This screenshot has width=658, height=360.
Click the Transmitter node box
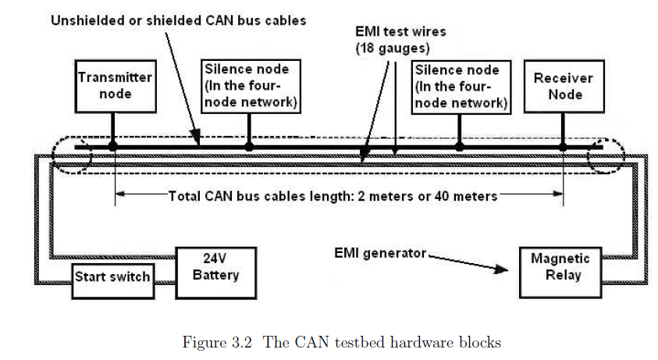pos(116,87)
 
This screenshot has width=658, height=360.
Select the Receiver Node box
pos(564,87)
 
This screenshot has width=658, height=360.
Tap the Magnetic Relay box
pos(560,273)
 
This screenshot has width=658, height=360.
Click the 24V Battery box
pos(215,273)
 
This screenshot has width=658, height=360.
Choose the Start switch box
pos(113,281)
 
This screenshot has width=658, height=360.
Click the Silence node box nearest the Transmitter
pos(251,87)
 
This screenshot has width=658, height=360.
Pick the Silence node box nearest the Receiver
pos(461,87)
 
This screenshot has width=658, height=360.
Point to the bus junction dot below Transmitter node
pos(112,147)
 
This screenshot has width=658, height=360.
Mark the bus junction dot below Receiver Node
pos(563,147)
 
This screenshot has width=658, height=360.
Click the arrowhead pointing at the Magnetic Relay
pos(501,269)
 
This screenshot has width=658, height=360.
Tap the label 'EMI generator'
pos(380,253)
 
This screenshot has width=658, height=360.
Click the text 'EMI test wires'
pos(400,31)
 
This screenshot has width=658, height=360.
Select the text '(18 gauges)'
pos(393,48)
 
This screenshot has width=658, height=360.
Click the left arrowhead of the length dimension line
pos(120,194)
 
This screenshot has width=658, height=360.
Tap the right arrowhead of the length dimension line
pos(558,194)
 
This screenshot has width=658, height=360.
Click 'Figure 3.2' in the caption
pos(217,342)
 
